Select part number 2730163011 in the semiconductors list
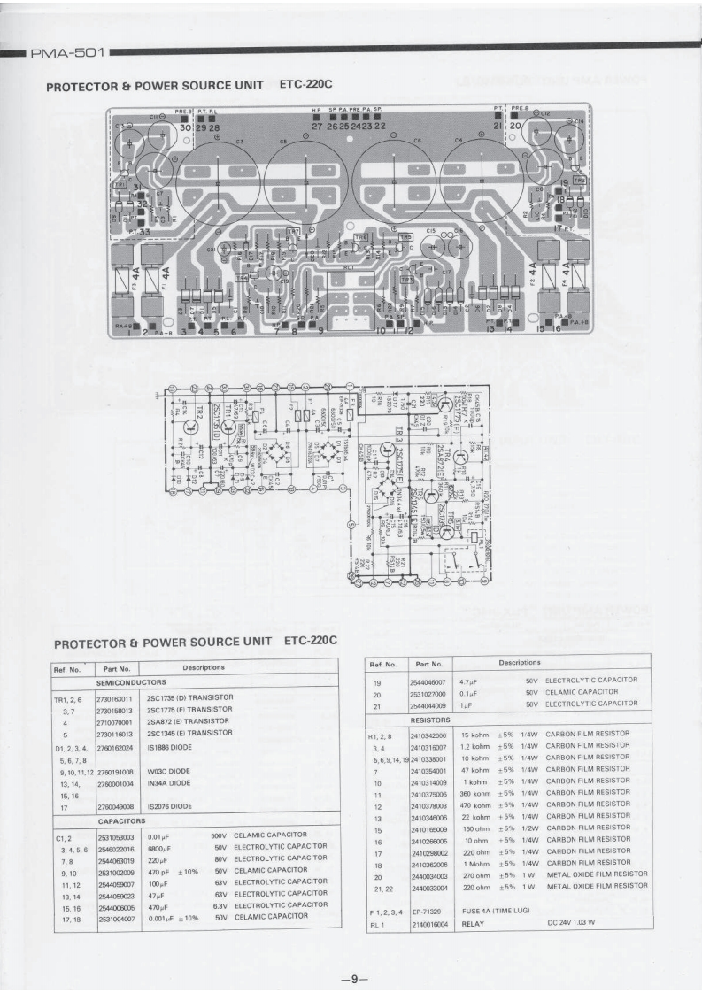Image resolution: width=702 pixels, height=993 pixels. click(116, 697)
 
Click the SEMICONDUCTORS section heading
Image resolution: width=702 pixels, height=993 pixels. click(131, 683)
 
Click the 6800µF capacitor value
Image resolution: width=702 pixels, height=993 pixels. click(159, 847)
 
